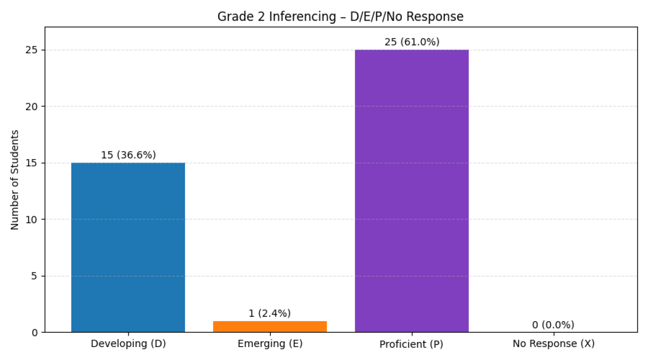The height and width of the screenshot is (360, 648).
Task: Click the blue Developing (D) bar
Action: point(128,247)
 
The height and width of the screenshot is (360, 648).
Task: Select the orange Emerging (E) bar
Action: point(270,327)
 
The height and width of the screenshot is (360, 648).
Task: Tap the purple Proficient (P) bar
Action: point(412,191)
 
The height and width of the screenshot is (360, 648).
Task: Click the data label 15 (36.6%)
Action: point(128,155)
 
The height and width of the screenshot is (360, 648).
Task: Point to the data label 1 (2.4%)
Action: point(270,313)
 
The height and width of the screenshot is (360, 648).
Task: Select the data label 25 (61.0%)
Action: point(412,42)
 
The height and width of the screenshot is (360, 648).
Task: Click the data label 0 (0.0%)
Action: point(553,325)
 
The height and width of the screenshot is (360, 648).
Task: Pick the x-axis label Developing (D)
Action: point(128,344)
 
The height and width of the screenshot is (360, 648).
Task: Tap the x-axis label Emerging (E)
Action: point(270,344)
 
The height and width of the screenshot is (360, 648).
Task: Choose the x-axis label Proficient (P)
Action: point(411,344)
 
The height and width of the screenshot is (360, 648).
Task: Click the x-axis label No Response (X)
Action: point(553,344)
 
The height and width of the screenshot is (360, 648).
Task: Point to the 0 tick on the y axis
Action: point(35,333)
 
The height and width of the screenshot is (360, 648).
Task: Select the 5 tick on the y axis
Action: point(35,276)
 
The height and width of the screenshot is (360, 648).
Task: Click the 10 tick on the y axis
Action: point(32,220)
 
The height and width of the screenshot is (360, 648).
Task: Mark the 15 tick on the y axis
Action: point(32,163)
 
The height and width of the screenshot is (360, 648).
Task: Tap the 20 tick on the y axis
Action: point(32,106)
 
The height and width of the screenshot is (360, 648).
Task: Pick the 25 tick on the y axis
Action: point(32,50)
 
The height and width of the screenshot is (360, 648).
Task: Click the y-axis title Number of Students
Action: point(15,180)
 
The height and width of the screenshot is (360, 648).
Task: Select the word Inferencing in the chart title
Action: point(302,16)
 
